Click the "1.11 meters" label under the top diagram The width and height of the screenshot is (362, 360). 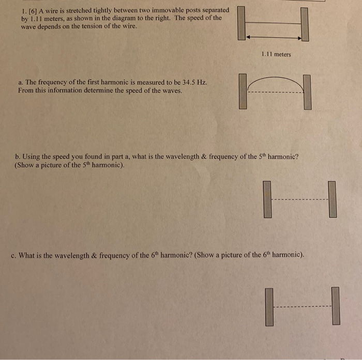276,54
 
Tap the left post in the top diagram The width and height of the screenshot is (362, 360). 241,23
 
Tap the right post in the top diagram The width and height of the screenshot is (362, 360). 305,24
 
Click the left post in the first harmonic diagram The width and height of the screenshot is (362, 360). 243,91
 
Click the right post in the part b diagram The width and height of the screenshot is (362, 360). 333,199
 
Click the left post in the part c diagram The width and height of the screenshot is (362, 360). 269,306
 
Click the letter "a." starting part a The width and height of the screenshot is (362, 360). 20,83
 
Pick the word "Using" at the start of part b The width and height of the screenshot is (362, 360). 34,157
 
